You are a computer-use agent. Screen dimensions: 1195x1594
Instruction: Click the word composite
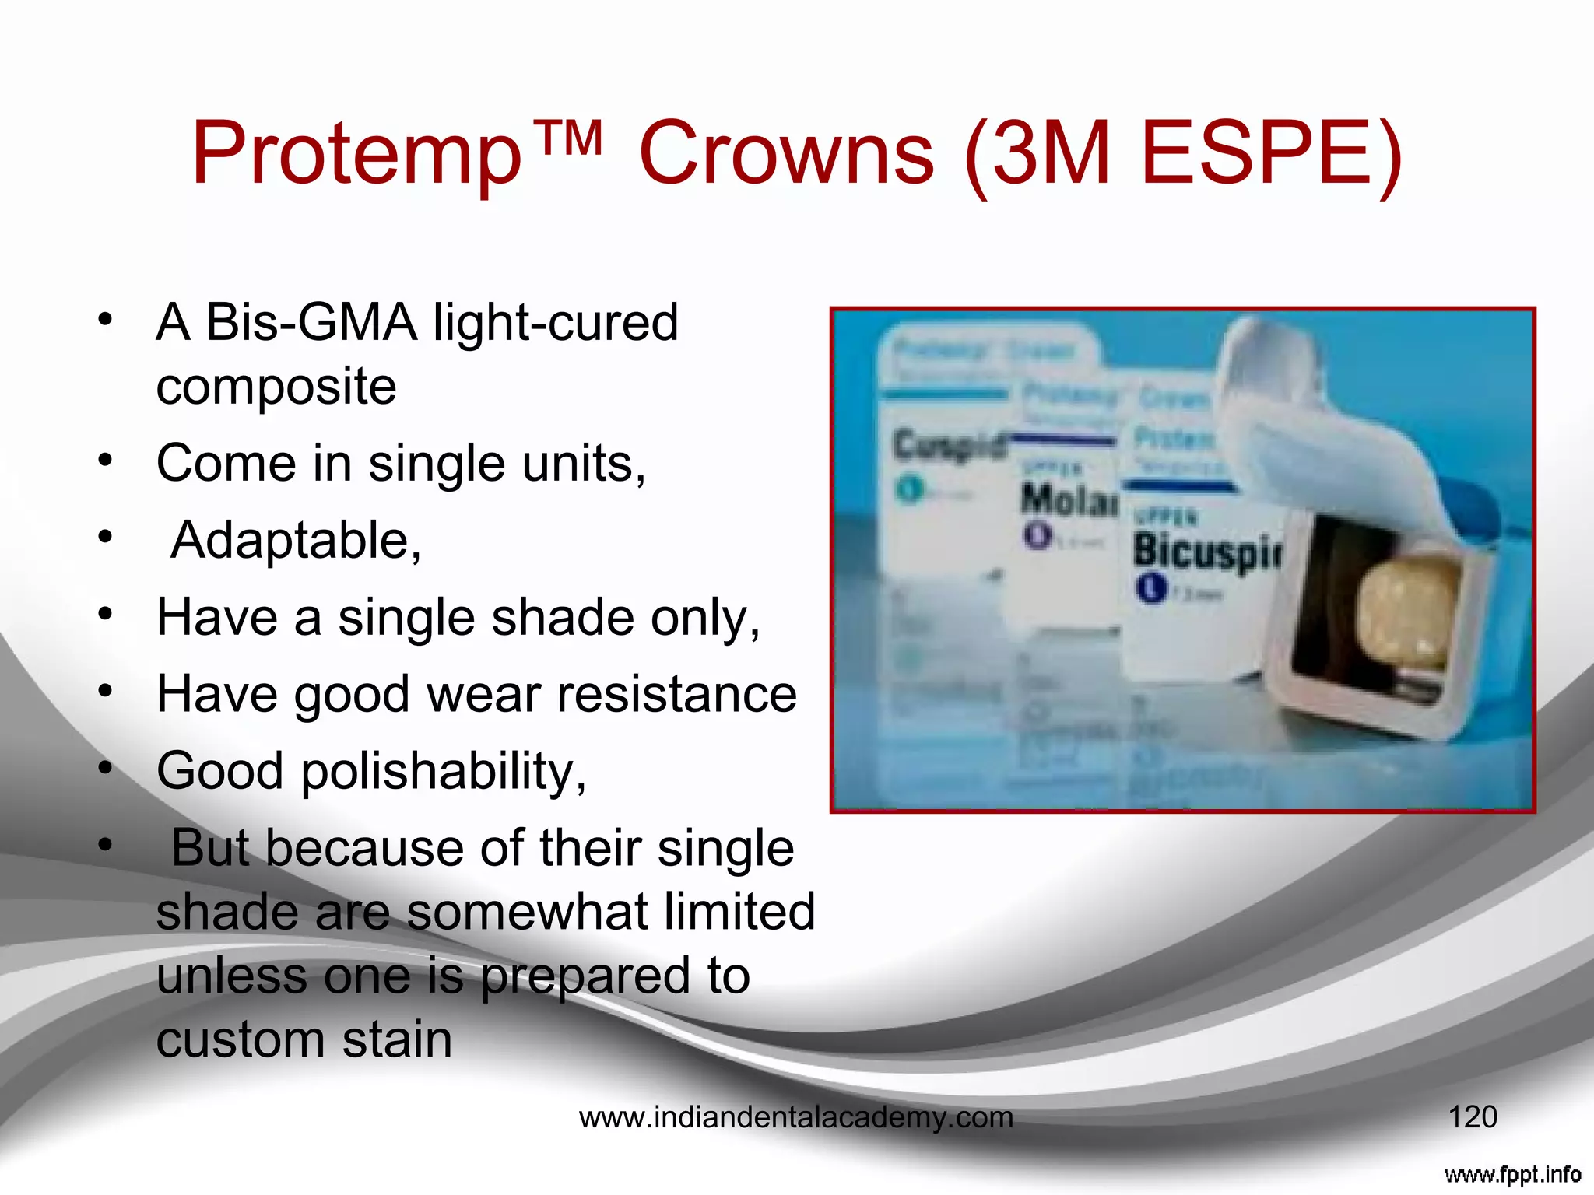276,387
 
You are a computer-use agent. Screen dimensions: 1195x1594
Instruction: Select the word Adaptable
296,540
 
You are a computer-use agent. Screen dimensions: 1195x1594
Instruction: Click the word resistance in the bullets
676,694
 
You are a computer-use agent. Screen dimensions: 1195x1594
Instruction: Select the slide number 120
1472,1117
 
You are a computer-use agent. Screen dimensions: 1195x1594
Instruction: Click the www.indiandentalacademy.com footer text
796,1118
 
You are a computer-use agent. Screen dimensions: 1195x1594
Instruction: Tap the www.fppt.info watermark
1512,1174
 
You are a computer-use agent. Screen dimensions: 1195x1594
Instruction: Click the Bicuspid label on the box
1206,551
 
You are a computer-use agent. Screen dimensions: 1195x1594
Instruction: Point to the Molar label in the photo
1069,499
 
